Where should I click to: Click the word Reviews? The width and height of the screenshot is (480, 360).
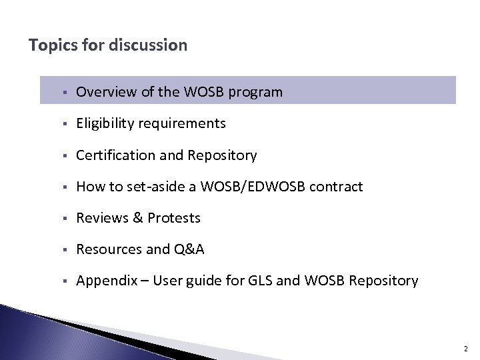100,218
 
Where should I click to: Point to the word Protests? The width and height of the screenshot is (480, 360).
174,218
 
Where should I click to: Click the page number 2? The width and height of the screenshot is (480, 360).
466,347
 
